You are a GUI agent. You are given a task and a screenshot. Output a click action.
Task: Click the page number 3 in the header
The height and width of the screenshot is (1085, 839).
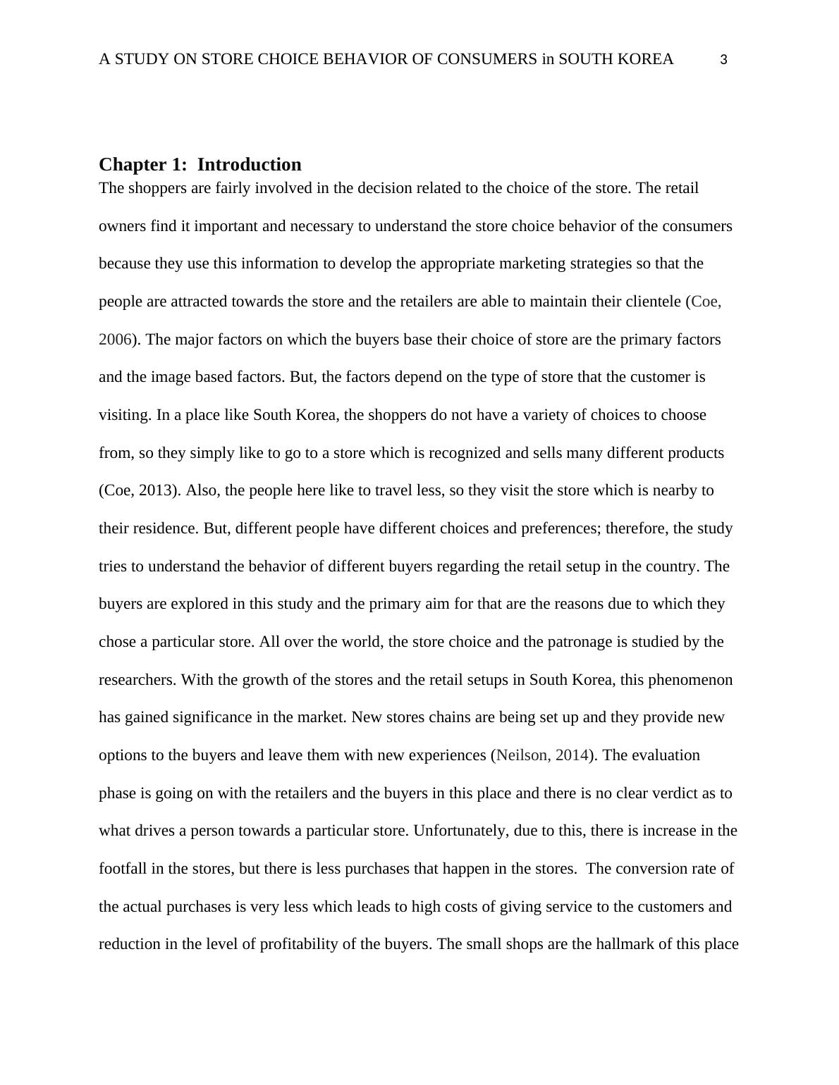(x=723, y=61)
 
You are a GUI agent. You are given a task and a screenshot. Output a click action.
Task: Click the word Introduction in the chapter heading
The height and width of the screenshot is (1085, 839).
(x=249, y=165)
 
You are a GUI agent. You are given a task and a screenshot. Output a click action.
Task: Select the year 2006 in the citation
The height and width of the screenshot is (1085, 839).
(x=115, y=340)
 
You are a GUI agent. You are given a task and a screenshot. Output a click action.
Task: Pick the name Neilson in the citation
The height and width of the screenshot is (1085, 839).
(x=522, y=755)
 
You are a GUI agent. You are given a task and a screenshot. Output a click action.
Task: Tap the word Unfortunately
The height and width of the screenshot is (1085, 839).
(x=459, y=831)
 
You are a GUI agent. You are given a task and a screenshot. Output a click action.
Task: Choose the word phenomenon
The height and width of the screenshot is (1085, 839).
(x=690, y=680)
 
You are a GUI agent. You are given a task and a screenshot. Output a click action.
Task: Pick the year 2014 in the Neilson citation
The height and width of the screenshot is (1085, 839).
(x=572, y=755)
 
